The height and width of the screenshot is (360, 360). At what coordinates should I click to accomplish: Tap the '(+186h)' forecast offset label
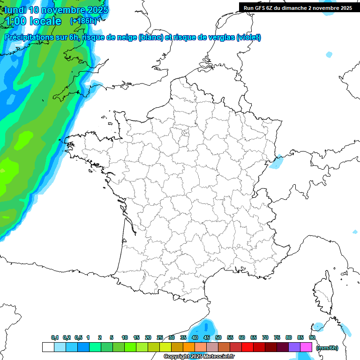pyautogui.click(x=83, y=21)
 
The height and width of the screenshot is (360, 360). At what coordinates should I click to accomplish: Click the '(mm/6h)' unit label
pyautogui.click(x=327, y=347)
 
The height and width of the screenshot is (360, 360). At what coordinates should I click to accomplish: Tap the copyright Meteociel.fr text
pyautogui.click(x=199, y=357)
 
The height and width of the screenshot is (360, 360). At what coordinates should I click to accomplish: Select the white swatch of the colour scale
pyautogui.click(x=48, y=347)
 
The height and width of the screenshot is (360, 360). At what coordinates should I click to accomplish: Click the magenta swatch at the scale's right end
pyautogui.click(x=306, y=347)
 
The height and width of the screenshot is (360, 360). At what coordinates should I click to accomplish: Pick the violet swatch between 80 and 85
pyautogui.click(x=294, y=347)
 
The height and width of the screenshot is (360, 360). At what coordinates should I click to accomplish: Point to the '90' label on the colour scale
pyautogui.click(x=312, y=337)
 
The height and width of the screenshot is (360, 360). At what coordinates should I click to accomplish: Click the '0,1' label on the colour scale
pyautogui.click(x=55, y=337)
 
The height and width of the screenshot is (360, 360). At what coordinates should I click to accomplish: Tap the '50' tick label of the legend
pyautogui.click(x=218, y=337)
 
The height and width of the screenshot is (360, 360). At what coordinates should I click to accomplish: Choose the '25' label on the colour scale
pyautogui.click(x=160, y=337)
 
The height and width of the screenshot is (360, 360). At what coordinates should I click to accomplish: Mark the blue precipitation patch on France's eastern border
pyautogui.click(x=277, y=161)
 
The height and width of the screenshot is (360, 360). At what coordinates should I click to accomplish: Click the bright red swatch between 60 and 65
pyautogui.click(x=247, y=347)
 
